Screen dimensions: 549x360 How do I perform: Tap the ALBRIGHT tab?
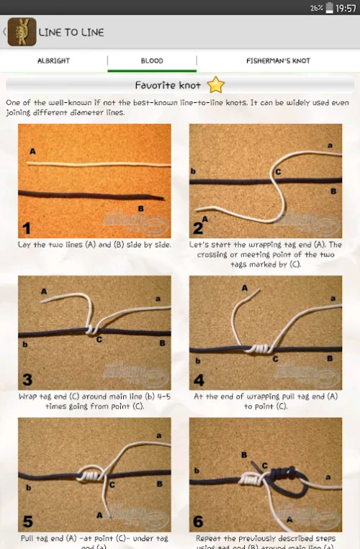53,60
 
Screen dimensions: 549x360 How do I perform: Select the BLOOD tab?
152,60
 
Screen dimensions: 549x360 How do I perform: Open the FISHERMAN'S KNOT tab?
278,60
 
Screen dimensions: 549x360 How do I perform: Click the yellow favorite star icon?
216,85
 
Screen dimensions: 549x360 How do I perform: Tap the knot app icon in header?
22,32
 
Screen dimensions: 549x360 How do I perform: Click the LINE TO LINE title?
71,32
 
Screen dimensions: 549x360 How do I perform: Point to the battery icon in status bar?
330,7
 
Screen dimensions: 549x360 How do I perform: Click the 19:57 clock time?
346,7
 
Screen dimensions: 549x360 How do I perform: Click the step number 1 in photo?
27,229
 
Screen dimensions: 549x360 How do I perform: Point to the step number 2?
198,229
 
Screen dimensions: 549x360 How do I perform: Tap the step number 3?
27,380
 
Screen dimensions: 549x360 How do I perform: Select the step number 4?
198,380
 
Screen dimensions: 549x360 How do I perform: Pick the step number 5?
27,521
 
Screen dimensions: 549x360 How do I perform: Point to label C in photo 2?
277,172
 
